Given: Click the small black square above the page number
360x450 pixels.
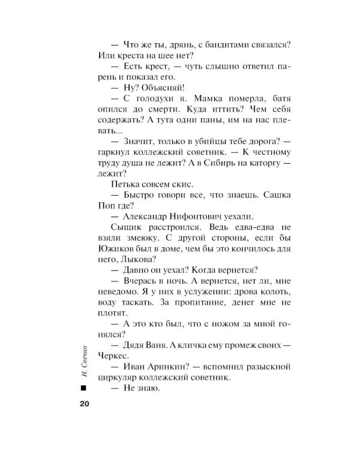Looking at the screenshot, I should (x=83, y=389).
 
